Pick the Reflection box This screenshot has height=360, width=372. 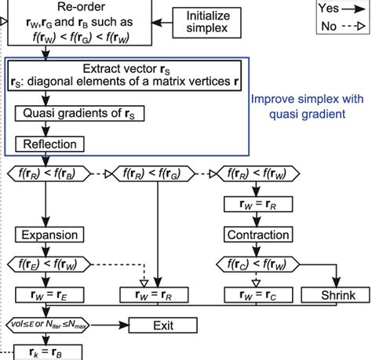point(49,144)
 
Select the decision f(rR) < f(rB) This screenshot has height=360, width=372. point(48,173)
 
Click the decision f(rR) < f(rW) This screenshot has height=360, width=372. point(257,173)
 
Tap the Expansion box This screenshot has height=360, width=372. point(49,235)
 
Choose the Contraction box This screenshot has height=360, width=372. point(257,235)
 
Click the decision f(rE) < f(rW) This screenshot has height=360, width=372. point(48,265)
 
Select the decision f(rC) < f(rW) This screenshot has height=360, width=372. point(257,265)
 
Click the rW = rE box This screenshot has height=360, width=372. point(49,296)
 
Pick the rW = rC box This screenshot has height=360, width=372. point(257,296)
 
